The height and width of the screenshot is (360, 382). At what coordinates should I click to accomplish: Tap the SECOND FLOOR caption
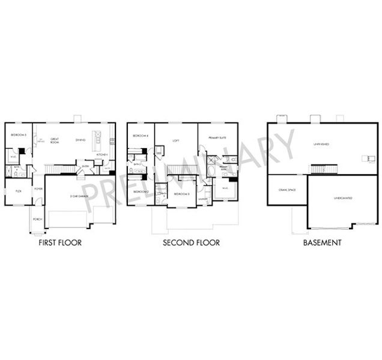pos(191,243)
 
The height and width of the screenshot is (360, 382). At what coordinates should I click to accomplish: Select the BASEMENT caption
pos(323,243)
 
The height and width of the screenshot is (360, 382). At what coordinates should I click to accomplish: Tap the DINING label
pos(80,140)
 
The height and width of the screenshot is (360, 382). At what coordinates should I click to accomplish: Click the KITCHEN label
pos(102,154)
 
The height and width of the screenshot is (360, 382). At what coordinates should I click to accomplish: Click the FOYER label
pos(38,188)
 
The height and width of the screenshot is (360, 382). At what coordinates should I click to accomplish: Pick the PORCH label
pos(37,219)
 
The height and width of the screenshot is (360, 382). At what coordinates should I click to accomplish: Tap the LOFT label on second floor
pos(176,140)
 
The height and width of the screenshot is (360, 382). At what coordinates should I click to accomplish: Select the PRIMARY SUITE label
pos(217,137)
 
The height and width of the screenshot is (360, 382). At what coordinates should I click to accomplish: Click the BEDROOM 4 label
pos(140,136)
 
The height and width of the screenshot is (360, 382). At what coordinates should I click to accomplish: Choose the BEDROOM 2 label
pos(141,191)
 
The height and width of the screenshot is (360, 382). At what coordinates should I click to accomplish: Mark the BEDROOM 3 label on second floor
pos(182,194)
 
